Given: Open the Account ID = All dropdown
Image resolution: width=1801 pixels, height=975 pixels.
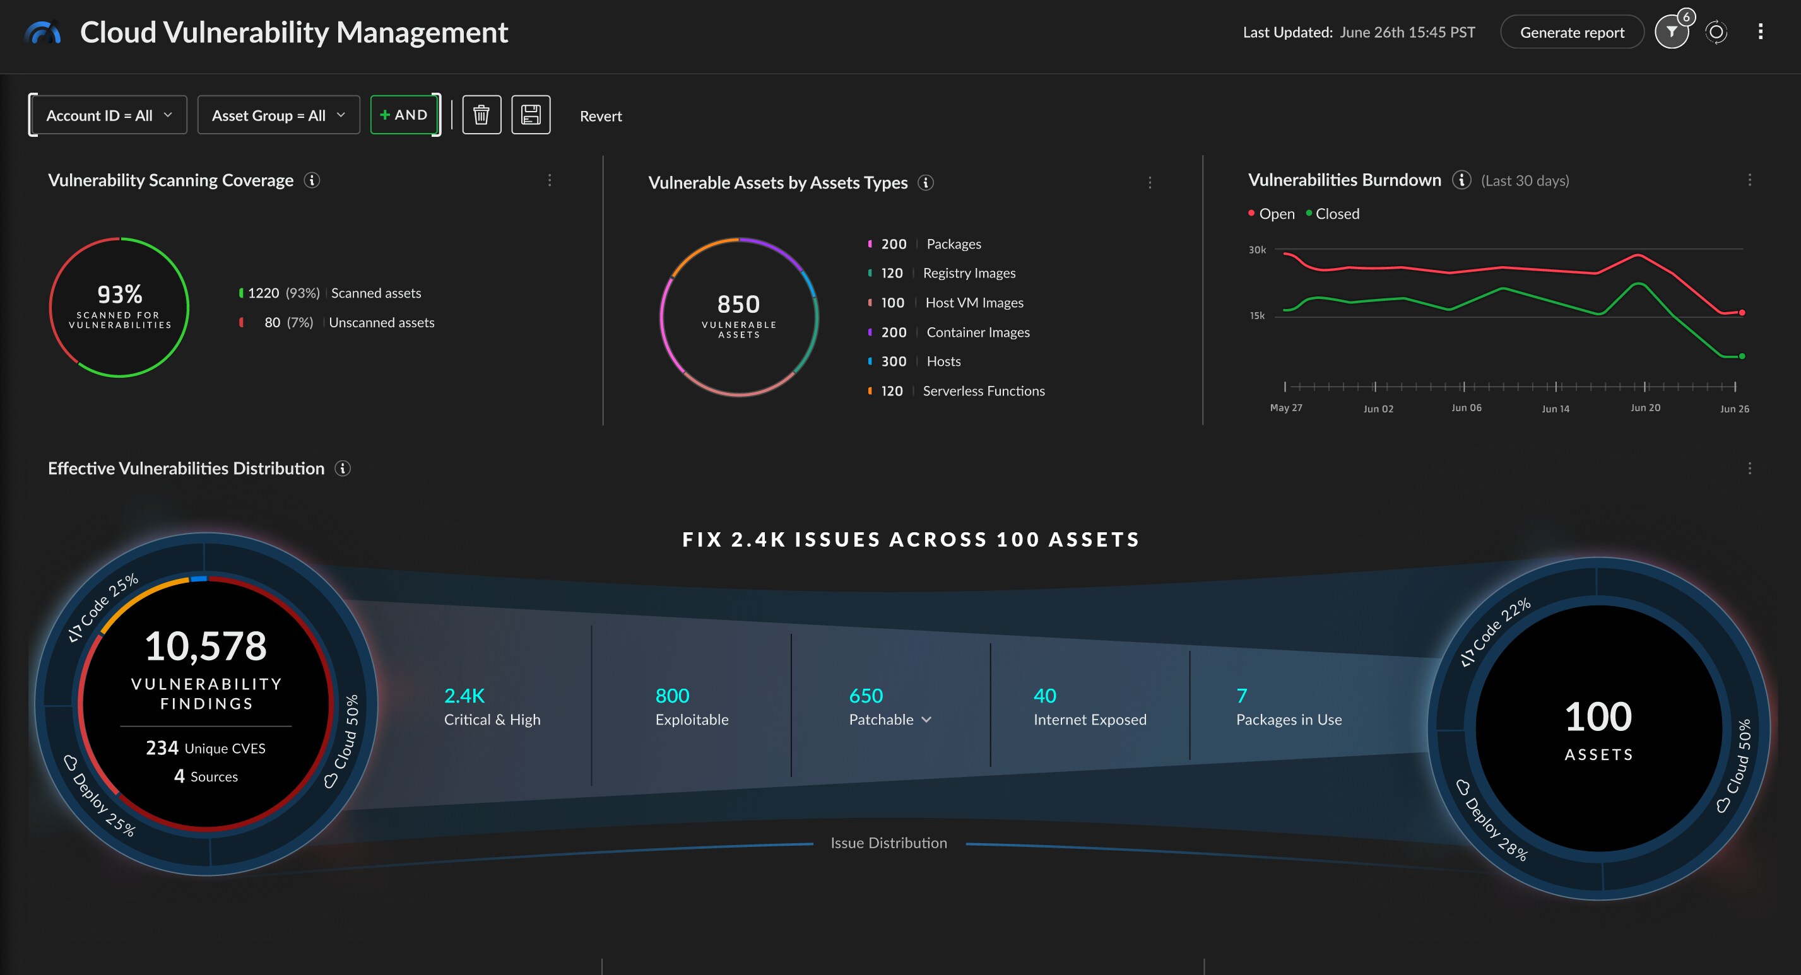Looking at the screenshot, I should coord(109,115).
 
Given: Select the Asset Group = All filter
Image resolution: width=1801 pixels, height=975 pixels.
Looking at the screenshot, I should coord(278,115).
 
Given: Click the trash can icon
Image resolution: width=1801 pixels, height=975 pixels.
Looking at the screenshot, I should coord(481,115).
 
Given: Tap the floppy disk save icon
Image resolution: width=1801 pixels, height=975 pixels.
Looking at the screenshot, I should coord(531,115).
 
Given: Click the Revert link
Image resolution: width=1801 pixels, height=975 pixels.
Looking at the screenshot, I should coord(600,117).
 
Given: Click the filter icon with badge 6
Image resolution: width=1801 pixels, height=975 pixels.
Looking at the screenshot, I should coord(1671,32).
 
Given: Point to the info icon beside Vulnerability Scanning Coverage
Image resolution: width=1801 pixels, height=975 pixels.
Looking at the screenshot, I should coord(312,180).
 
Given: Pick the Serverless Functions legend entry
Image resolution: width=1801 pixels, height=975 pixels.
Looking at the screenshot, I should coord(983,392).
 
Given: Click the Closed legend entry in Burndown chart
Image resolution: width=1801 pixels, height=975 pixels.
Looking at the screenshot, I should coord(1335,214).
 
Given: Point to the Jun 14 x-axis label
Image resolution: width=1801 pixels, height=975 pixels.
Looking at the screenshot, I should coord(1555,409).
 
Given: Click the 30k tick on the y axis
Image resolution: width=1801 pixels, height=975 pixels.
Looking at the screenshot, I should coord(1256,250).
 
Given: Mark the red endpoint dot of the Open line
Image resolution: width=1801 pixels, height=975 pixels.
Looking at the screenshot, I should coord(1742,312).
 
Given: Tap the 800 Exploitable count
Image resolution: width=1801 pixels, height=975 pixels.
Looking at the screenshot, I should coord(672,696).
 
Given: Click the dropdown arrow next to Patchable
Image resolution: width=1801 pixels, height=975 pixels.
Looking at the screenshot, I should coord(926,720).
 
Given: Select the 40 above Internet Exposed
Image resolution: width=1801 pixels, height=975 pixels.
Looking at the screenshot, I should coord(1044,696).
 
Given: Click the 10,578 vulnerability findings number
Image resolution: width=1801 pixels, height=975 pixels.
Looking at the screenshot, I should coord(206,646).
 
